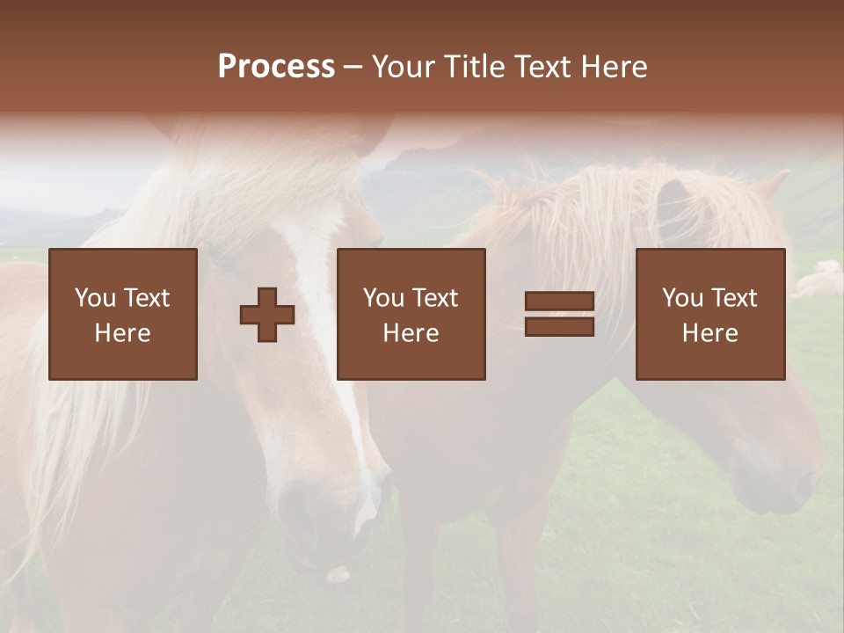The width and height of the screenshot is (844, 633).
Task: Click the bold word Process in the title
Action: point(276,67)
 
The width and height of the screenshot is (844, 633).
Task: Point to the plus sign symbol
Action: point(267,315)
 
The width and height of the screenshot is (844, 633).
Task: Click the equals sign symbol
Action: point(559,314)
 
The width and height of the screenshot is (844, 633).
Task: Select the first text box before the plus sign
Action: point(123,314)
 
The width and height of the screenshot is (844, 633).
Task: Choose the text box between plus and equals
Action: point(411,314)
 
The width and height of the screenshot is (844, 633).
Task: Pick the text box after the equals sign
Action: point(710,314)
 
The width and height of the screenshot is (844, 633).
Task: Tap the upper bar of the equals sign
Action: point(559,302)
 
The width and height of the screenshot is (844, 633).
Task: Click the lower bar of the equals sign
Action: point(559,326)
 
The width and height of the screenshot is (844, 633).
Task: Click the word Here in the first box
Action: point(123,333)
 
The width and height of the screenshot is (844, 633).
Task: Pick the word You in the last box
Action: point(682,298)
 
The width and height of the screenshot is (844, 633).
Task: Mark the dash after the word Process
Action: point(353,67)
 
